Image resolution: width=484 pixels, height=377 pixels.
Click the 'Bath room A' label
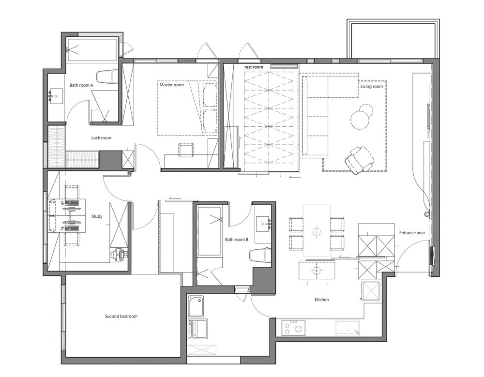[x=81, y=85]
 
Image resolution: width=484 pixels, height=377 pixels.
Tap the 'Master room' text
[x=172, y=85]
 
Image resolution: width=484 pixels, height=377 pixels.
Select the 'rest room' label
[x=254, y=67]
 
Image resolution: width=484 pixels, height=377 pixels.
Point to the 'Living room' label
[x=372, y=87]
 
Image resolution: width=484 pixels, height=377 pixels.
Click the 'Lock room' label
[x=101, y=138]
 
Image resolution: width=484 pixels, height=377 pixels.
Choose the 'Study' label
[x=97, y=216]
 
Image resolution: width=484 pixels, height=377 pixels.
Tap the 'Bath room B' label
[x=237, y=239]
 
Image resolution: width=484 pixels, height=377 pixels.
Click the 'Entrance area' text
[x=412, y=232]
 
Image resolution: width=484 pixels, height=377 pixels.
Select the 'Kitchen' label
[x=322, y=300]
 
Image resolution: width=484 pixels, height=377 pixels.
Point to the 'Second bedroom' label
[x=121, y=316]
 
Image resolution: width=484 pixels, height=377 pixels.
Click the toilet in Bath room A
[x=107, y=76]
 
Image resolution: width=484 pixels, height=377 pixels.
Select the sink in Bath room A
[x=56, y=96]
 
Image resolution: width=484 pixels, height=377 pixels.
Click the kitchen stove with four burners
[x=293, y=328]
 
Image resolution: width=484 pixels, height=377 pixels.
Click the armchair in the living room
[x=359, y=159]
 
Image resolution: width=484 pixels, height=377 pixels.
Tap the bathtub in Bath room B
[x=209, y=231]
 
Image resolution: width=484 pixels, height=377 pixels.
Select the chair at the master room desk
[x=186, y=150]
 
